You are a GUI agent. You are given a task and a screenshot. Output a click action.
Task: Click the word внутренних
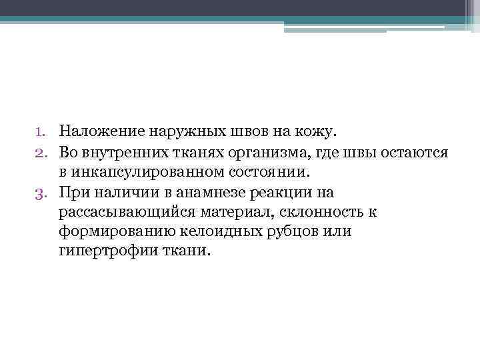(123, 153)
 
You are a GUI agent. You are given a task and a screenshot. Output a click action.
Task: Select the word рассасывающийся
(119, 213)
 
